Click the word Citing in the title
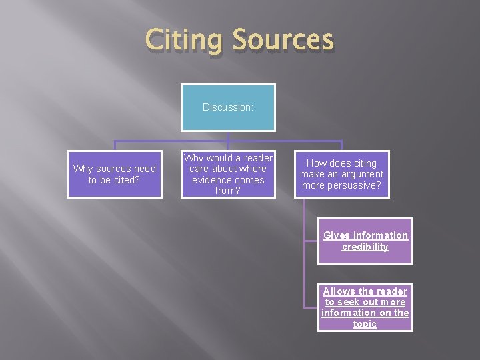pyautogui.click(x=186, y=40)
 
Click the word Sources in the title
pyautogui.click(x=283, y=40)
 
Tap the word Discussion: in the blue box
pyautogui.click(x=228, y=107)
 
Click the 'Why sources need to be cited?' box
pyautogui.click(x=115, y=174)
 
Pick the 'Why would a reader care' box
pyautogui.click(x=228, y=175)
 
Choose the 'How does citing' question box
pyautogui.click(x=341, y=174)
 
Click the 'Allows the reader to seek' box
pyautogui.click(x=365, y=307)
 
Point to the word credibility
pyautogui.click(x=365, y=247)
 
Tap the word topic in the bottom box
pyautogui.click(x=365, y=324)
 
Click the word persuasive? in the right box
pyautogui.click(x=341, y=185)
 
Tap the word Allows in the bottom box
pyautogui.click(x=339, y=291)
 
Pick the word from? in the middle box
pyautogui.click(x=228, y=191)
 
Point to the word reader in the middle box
pyautogui.click(x=257, y=158)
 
